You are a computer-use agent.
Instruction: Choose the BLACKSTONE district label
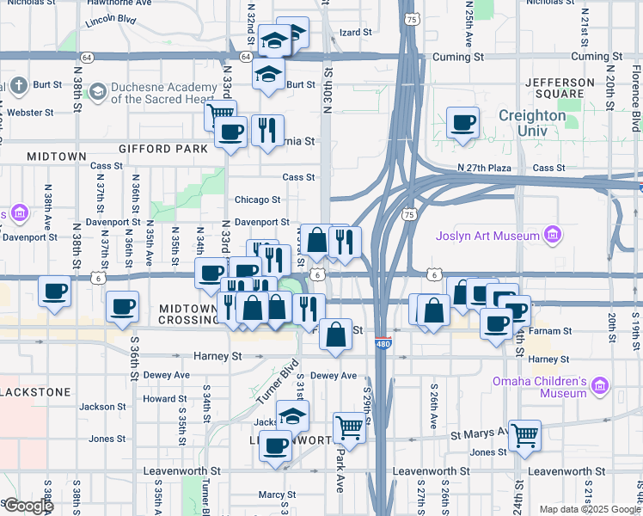[34, 391]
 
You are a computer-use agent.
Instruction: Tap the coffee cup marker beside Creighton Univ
[463, 122]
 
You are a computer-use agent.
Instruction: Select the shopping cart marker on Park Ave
[349, 425]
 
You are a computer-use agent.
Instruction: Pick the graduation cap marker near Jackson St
[293, 415]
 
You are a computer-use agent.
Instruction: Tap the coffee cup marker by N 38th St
[55, 291]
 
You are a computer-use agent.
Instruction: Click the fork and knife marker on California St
[267, 131]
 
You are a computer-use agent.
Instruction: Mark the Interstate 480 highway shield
[383, 344]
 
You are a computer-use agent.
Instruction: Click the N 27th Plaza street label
[485, 168]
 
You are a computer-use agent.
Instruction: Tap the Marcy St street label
[277, 495]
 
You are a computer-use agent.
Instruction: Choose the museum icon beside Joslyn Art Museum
[555, 236]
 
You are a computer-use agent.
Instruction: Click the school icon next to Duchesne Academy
[97, 91]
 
